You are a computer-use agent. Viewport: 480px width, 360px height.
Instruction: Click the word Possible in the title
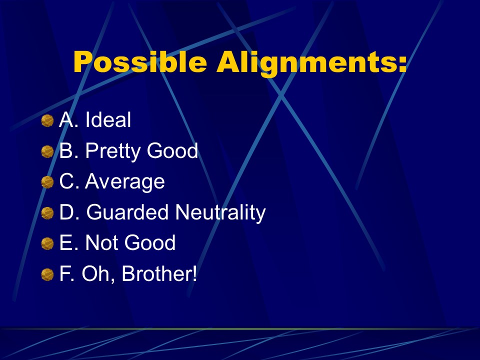140,62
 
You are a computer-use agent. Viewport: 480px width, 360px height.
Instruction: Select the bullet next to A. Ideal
47,120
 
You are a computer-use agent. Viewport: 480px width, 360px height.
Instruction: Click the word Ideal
108,119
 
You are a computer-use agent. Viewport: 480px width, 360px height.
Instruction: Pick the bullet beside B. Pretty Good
47,151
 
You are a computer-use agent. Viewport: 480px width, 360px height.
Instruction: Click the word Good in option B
172,150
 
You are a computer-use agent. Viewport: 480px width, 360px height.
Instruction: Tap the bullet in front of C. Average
47,182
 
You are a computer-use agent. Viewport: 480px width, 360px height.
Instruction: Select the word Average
125,182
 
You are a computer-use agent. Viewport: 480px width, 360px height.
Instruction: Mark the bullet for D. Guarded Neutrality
47,213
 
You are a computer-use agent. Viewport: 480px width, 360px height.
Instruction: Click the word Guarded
127,211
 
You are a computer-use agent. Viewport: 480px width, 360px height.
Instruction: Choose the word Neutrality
220,212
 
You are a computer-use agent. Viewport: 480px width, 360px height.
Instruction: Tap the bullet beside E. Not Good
47,243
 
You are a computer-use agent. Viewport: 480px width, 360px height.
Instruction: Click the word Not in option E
100,242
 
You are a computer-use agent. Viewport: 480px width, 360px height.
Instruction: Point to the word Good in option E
150,242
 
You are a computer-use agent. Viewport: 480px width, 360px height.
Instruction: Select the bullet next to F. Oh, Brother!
47,274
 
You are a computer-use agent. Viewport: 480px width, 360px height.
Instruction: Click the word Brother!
159,273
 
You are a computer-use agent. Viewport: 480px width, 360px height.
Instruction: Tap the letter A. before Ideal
69,119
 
